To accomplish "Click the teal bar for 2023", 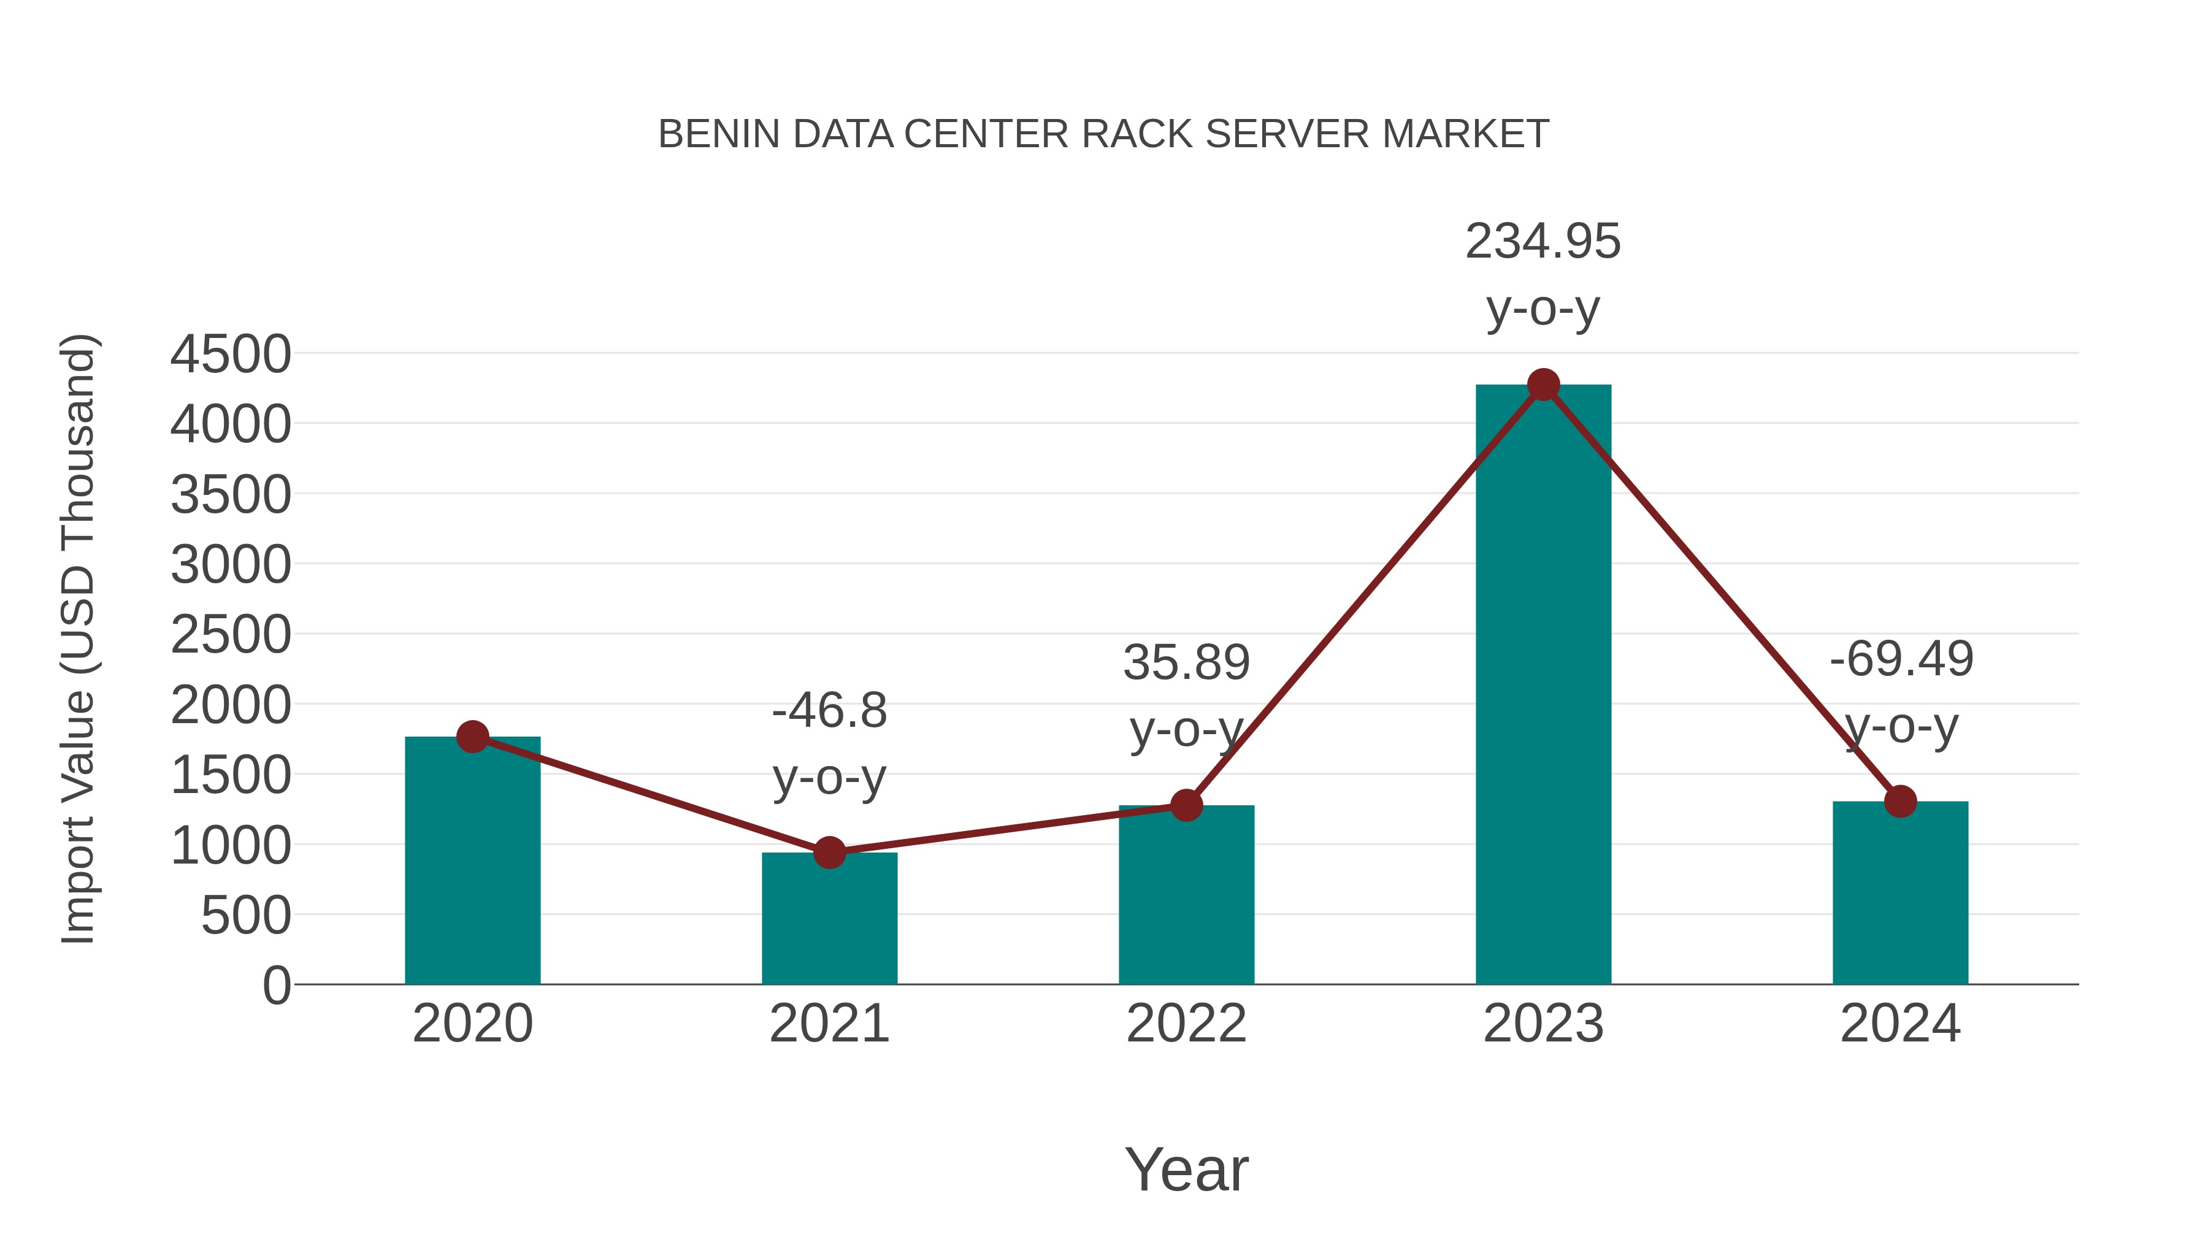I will point(1543,686).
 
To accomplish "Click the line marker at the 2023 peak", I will point(1543,385).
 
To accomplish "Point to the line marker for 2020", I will point(472,736).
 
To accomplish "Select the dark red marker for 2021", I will point(829,853).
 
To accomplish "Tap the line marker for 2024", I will point(1900,802).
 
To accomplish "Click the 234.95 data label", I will point(1543,242).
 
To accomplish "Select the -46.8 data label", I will point(829,711).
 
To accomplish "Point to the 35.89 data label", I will point(1186,662).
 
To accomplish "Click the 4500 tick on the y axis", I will point(231,354).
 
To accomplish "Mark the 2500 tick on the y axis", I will point(231,635).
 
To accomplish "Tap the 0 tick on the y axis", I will point(276,985).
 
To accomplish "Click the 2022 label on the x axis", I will point(1186,1024).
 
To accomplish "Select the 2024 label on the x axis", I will point(1900,1024).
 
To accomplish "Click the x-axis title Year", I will point(1186,1169).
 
